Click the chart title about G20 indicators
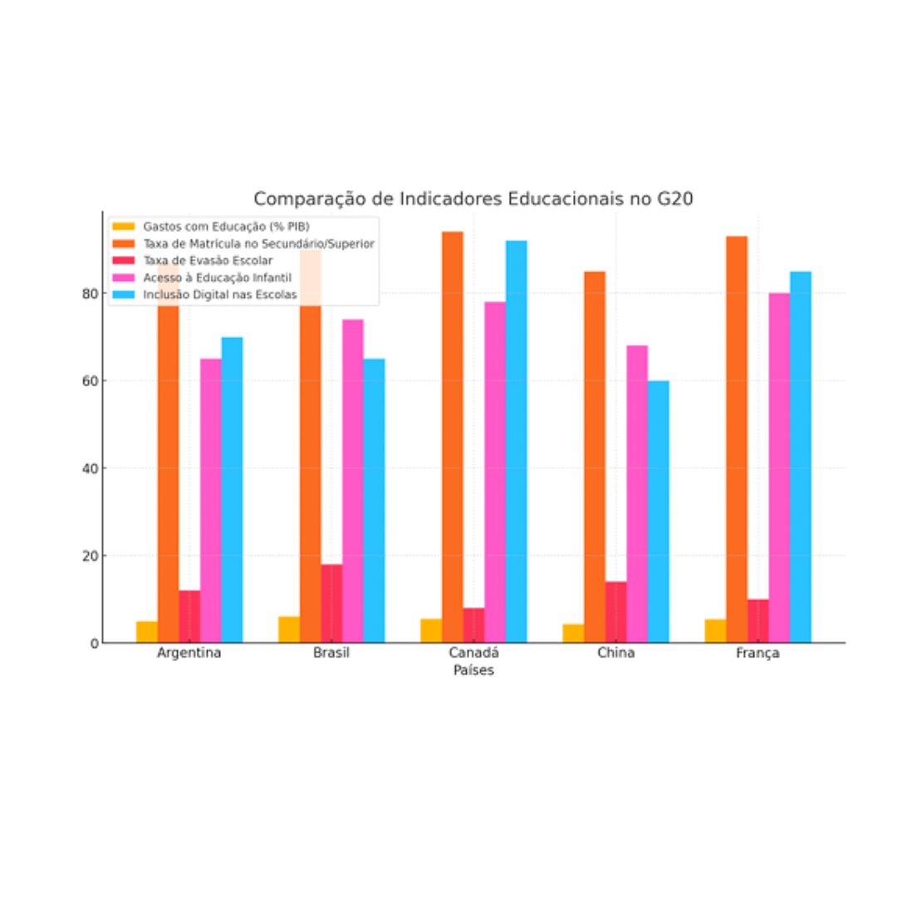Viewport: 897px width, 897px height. coord(473,199)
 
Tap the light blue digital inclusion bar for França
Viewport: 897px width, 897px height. coord(800,457)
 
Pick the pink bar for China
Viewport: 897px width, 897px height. coord(637,494)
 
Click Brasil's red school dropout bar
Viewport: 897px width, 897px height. coord(331,604)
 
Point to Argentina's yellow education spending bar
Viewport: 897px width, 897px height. coord(147,632)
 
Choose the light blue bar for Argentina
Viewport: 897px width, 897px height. coord(232,490)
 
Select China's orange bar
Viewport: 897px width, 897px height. coord(595,457)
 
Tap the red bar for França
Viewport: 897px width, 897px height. coord(757,620)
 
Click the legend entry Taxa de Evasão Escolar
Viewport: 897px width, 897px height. coord(208,260)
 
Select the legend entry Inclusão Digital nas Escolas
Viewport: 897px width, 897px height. coord(220,294)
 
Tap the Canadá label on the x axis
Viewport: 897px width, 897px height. coord(473,653)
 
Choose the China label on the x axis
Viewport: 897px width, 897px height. coord(615,653)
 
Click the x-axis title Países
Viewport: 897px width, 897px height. coord(473,670)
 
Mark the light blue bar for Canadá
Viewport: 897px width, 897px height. coord(516,441)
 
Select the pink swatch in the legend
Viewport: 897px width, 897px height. coord(124,277)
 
